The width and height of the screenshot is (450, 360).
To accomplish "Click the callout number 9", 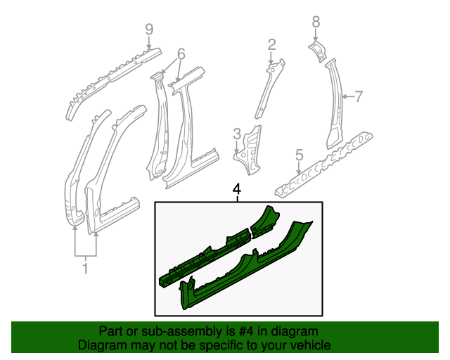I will coord(148,29).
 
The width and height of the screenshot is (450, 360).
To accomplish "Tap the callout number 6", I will coord(181,54).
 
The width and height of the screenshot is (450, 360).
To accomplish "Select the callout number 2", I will coord(271,46).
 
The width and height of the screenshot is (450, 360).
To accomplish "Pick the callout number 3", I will coord(237,133).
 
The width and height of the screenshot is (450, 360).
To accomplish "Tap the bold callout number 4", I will coord(237,188).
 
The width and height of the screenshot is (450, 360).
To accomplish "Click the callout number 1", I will coord(85,267).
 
